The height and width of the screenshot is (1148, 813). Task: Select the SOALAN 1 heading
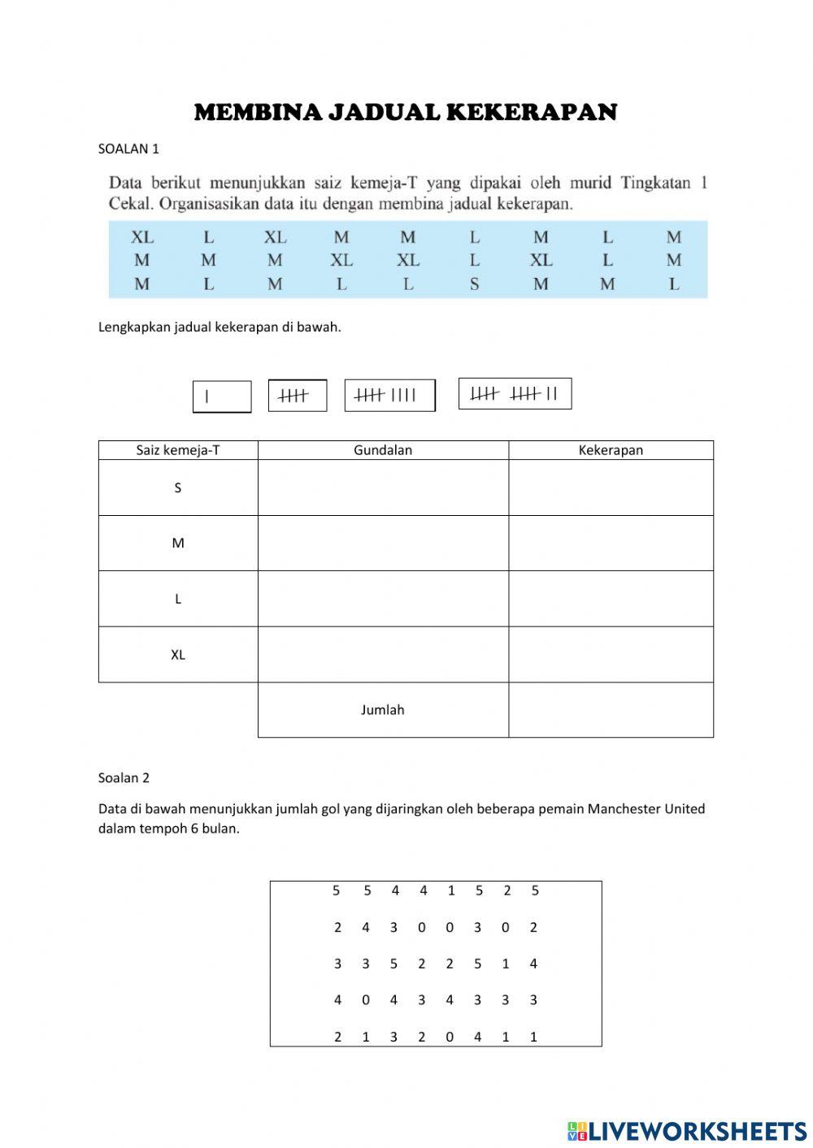coord(128,149)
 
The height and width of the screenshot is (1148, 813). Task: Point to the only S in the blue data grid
coord(474,284)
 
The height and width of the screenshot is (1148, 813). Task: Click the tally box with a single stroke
coord(222,396)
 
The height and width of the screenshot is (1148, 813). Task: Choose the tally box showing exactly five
coord(298,396)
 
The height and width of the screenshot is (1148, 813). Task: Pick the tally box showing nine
coord(389,396)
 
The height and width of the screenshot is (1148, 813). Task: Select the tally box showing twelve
coord(515,394)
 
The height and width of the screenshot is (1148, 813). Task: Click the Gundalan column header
coord(383,450)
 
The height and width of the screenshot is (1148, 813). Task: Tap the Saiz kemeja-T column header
coord(178,450)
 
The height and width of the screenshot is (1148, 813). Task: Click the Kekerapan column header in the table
coord(611,450)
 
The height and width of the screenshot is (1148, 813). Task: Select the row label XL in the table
coord(178,654)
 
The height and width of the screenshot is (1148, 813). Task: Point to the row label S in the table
coord(178,487)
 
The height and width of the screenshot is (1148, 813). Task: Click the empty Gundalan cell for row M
coord(383,543)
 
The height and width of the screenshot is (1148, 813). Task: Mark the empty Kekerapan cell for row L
coord(611,599)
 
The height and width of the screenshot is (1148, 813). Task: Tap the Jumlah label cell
coord(383,709)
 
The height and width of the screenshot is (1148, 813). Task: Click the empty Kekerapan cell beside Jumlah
coord(611,709)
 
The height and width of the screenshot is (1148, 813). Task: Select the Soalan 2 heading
coord(124,778)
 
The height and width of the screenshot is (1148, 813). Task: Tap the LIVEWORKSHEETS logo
coord(687,1130)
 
